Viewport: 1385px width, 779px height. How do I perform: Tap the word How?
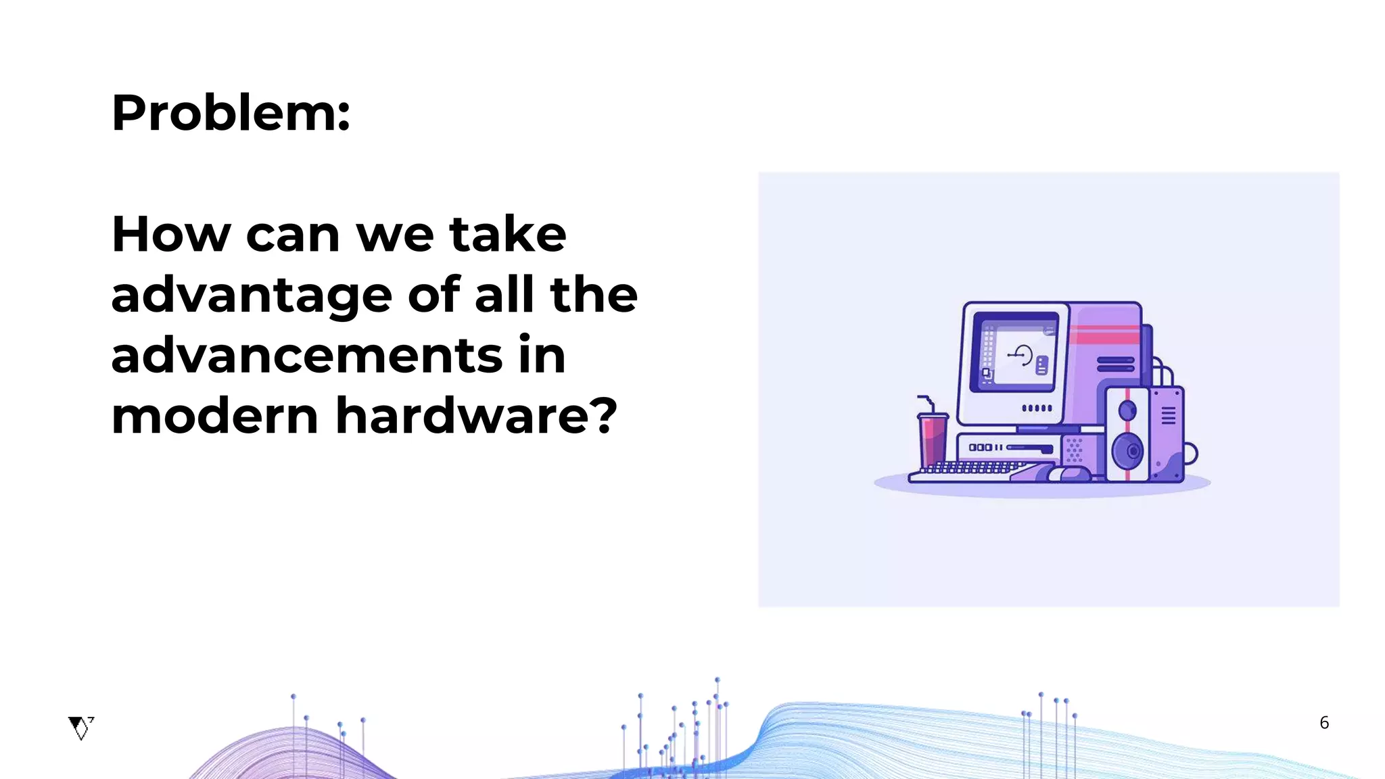[171, 234]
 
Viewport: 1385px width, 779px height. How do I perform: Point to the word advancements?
[306, 356]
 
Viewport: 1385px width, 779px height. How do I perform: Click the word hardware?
[466, 416]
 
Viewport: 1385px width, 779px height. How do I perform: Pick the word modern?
[214, 416]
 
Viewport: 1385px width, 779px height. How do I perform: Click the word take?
[507, 234]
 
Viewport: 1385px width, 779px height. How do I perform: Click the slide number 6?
[1324, 723]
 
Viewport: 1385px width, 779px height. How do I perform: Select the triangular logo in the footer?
[80, 728]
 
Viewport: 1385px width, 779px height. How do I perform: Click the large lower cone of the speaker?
[1127, 450]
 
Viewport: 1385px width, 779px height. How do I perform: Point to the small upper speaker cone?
[1127, 410]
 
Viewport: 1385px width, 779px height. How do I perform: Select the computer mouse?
[1069, 473]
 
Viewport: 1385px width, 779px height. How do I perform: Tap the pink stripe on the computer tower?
[1105, 335]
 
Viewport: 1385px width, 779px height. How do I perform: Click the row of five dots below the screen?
[1037, 408]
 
